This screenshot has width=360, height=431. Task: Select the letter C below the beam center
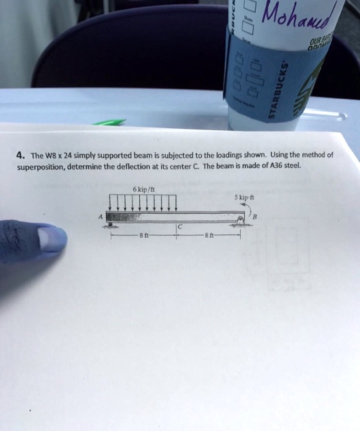[x=180, y=227]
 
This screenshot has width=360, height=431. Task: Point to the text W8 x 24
[x=60, y=155]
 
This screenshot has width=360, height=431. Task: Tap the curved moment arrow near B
[x=248, y=210]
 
